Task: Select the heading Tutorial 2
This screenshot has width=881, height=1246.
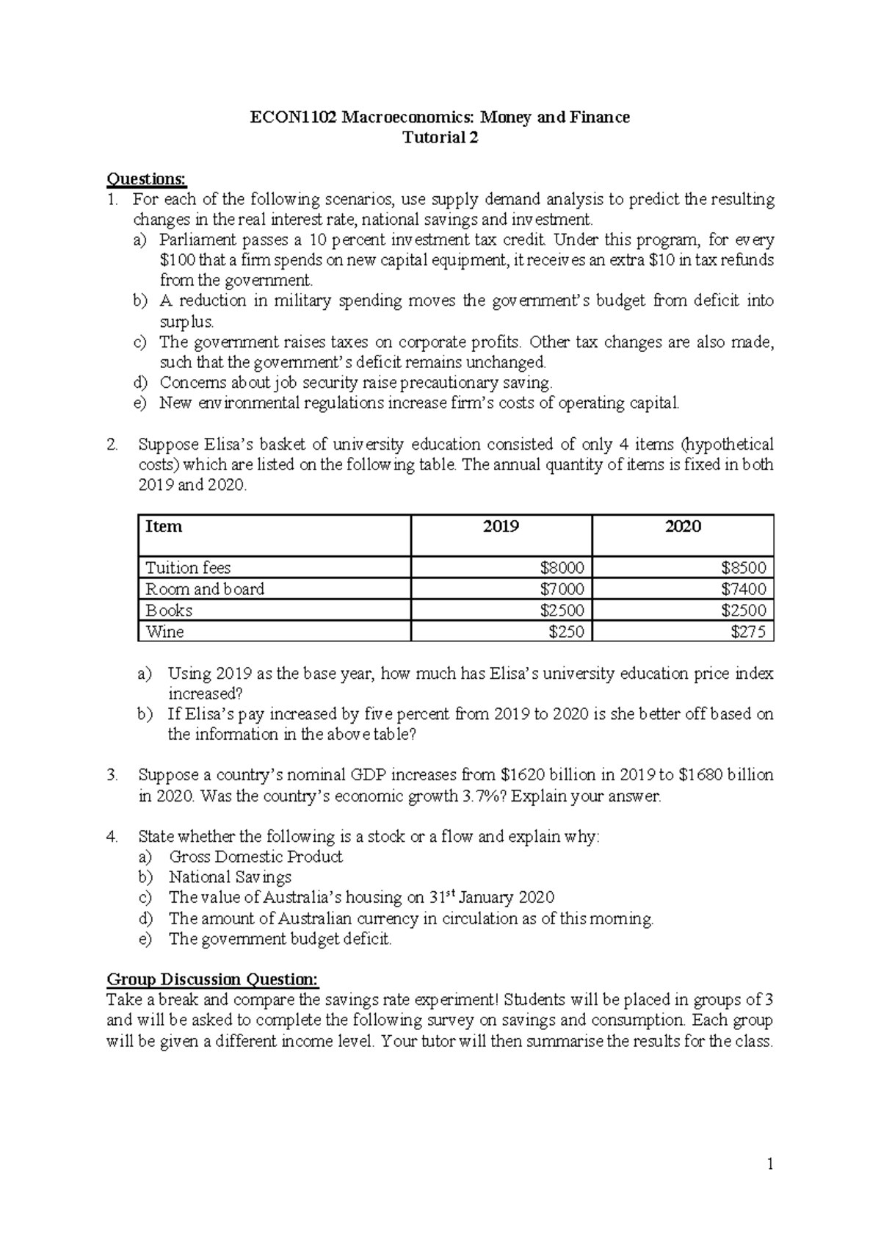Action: [x=440, y=138]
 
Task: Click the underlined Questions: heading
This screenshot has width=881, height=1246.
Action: [x=147, y=179]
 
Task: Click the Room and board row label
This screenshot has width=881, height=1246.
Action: [x=205, y=589]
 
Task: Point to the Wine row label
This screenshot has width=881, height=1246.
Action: [x=164, y=632]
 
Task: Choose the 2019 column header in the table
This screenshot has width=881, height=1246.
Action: [x=501, y=527]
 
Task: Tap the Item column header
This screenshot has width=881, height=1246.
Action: [x=164, y=527]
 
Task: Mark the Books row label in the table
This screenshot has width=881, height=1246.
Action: [x=169, y=611]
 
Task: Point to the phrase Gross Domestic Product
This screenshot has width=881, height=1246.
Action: [x=255, y=857]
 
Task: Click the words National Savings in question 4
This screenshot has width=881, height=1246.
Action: [x=230, y=877]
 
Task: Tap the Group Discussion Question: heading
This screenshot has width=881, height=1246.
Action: [x=213, y=979]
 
